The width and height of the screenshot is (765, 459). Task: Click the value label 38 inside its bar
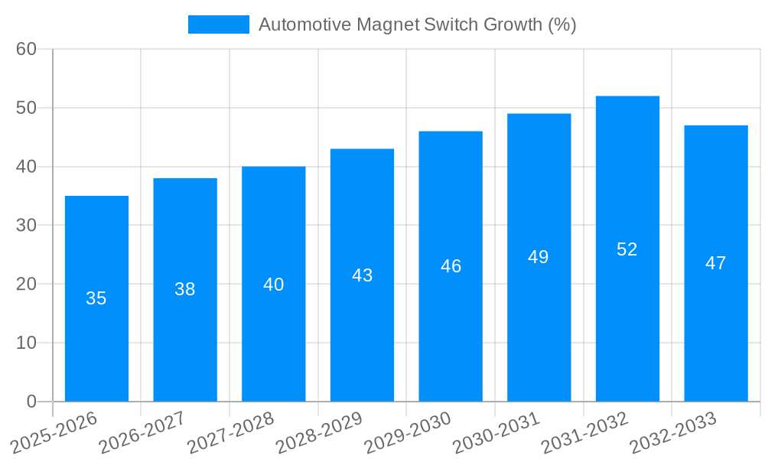[x=185, y=289]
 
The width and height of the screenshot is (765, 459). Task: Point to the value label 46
[x=451, y=266]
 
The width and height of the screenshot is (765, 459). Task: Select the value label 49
[x=539, y=257]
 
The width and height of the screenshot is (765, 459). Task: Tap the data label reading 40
[x=273, y=285]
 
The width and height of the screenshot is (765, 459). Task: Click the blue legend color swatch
[x=219, y=24]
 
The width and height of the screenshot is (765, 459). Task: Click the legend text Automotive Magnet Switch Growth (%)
[x=417, y=24]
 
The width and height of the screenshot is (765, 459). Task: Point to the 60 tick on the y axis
[x=26, y=49]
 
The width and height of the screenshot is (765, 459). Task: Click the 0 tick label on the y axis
[x=31, y=402]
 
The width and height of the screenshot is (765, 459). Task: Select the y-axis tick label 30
[x=26, y=226]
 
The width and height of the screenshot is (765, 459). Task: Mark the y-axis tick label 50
[x=26, y=108]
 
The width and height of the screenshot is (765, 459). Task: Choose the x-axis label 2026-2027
[x=142, y=431]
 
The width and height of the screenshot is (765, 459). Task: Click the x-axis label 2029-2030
[x=408, y=431]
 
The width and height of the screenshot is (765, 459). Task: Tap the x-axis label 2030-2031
[x=496, y=431]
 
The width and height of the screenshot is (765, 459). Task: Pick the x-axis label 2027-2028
[x=231, y=431]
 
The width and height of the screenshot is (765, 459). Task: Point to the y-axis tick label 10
[x=26, y=343]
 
